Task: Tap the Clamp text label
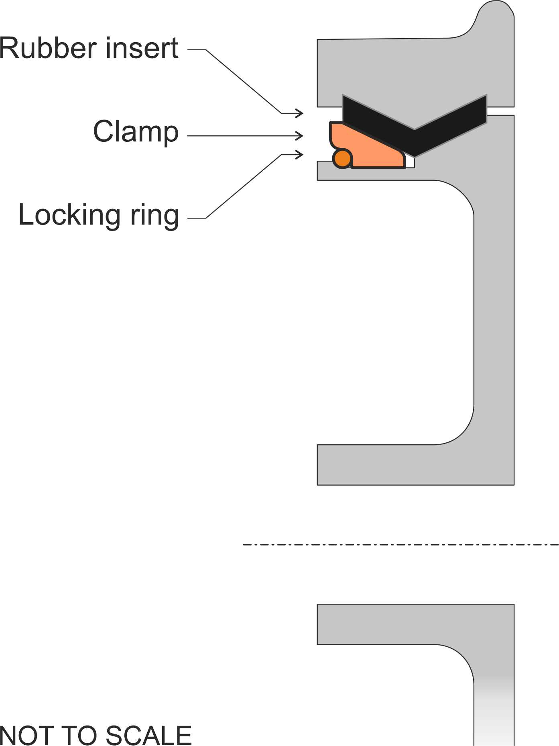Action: click(x=136, y=132)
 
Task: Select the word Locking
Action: click(x=69, y=216)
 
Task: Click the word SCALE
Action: click(x=149, y=735)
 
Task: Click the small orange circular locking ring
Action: click(x=342, y=159)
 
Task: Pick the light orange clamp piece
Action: click(x=369, y=149)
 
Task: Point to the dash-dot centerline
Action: click(x=401, y=545)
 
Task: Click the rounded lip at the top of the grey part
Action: click(x=496, y=16)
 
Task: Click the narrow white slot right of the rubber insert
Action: click(x=500, y=111)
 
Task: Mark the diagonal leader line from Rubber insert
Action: click(x=243, y=82)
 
